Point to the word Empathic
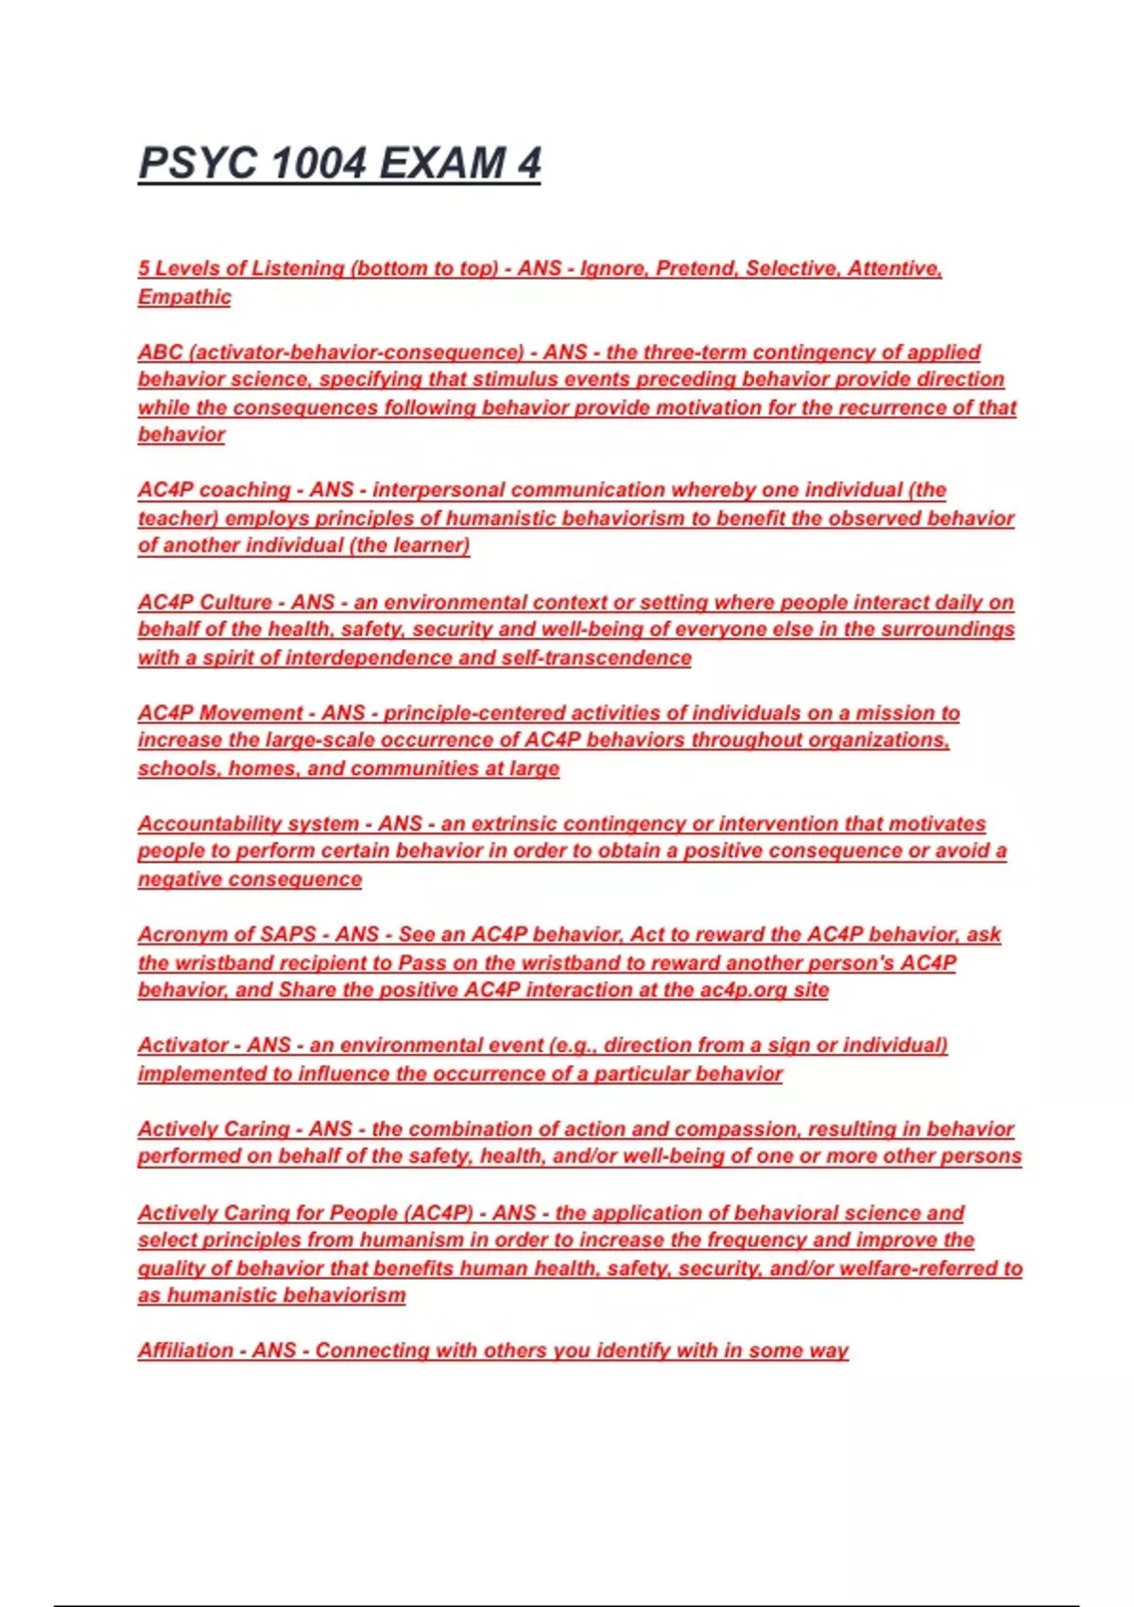coord(184,297)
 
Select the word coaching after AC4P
coord(246,491)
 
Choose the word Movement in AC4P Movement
coord(252,713)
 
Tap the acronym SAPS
coord(288,935)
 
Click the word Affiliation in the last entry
coord(185,1351)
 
